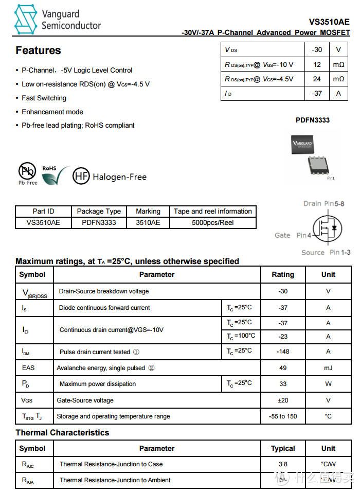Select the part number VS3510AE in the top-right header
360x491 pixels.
coord(329,22)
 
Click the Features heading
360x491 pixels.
coord(38,50)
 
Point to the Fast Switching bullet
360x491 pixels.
coord(44,98)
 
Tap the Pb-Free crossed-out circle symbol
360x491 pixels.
coord(27,171)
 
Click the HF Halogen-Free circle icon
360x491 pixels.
coord(81,177)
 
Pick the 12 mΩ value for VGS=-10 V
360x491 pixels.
coord(317,64)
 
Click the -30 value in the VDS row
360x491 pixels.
coord(317,50)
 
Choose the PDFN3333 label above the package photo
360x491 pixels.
coord(312,120)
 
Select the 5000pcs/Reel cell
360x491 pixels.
coord(212,223)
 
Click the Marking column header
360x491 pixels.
coord(148,211)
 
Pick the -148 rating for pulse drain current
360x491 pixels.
coord(283,352)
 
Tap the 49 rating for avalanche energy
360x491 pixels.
coord(283,367)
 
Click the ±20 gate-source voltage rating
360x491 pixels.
coord(283,400)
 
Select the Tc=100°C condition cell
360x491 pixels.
coord(240,336)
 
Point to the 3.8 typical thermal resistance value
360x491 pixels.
coord(283,464)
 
